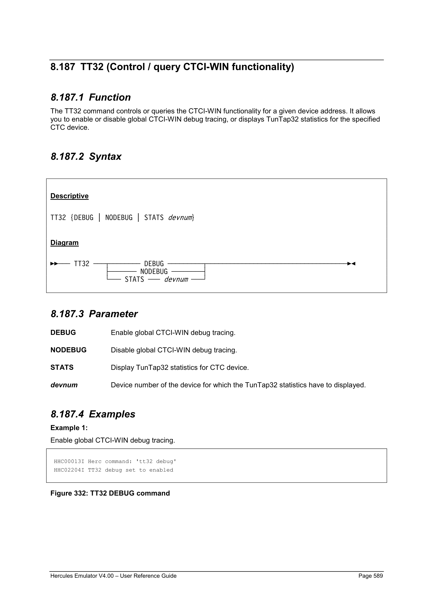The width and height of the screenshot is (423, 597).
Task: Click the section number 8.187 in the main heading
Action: [62, 67]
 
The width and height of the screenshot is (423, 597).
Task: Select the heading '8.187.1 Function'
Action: [91, 97]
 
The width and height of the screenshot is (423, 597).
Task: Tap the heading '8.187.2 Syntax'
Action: [86, 157]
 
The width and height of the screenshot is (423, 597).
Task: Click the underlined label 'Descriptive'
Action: [69, 196]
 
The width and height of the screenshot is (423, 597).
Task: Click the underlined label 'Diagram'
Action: [64, 243]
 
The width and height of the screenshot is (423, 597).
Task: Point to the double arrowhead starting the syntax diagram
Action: [54, 264]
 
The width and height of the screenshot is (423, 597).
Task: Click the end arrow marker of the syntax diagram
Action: [351, 264]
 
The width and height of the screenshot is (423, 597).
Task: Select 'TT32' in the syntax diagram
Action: [81, 264]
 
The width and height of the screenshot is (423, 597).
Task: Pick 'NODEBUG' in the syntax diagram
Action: [154, 271]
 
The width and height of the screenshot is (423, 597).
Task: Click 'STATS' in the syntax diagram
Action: [134, 279]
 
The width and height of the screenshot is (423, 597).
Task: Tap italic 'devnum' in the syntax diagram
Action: [176, 279]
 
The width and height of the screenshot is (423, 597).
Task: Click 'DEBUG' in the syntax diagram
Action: [154, 264]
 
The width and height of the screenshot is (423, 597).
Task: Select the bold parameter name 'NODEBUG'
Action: [68, 350]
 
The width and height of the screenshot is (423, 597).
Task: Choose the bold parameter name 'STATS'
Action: [62, 367]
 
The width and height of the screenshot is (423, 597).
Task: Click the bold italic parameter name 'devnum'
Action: [64, 385]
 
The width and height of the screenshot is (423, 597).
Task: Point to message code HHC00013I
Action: [69, 461]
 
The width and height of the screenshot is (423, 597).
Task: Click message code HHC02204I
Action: [69, 470]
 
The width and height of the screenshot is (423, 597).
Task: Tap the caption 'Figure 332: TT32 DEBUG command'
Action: [110, 493]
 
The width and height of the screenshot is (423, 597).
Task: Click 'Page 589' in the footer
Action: [370, 576]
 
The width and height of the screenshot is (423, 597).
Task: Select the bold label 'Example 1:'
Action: [69, 428]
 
